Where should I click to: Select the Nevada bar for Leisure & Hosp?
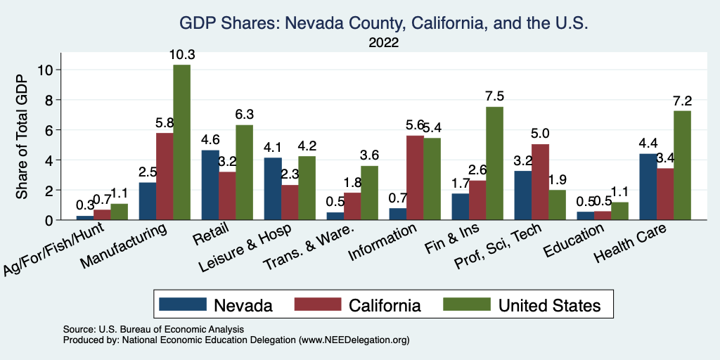point(272,188)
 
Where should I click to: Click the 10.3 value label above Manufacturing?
point(182,54)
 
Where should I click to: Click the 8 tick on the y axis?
point(47,100)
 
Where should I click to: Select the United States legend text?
point(549,305)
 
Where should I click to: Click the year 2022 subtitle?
point(384,43)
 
